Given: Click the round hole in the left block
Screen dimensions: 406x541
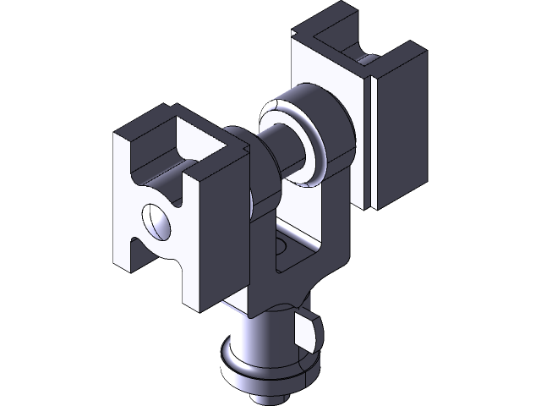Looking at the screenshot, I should click(157, 221).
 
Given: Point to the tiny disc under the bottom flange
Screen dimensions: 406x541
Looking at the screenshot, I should click(269, 392).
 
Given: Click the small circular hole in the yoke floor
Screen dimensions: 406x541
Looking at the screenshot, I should click(282, 247).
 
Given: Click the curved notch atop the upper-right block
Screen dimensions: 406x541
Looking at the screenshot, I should click(366, 60).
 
